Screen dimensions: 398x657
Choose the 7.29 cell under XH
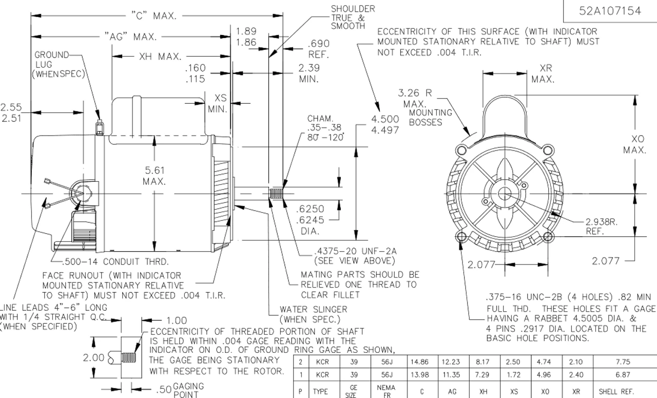point(482,375)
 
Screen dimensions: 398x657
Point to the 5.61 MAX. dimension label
point(154,176)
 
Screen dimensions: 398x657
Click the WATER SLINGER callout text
point(313,314)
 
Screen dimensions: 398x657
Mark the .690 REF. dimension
point(318,49)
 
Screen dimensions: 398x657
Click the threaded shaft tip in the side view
point(276,194)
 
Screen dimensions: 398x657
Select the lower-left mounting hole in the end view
point(461,237)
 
